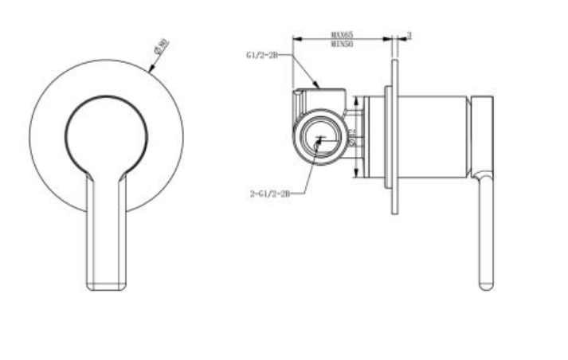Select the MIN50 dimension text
pyautogui.click(x=343, y=45)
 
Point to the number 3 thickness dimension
pyautogui.click(x=409, y=35)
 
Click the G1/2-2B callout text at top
pyautogui.click(x=261, y=56)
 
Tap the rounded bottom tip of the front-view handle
pyautogui.click(x=105, y=286)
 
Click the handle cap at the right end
pyautogui.click(x=483, y=131)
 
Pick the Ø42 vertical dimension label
pyautogui.click(x=351, y=138)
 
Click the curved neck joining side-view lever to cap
pyautogui.click(x=483, y=174)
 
